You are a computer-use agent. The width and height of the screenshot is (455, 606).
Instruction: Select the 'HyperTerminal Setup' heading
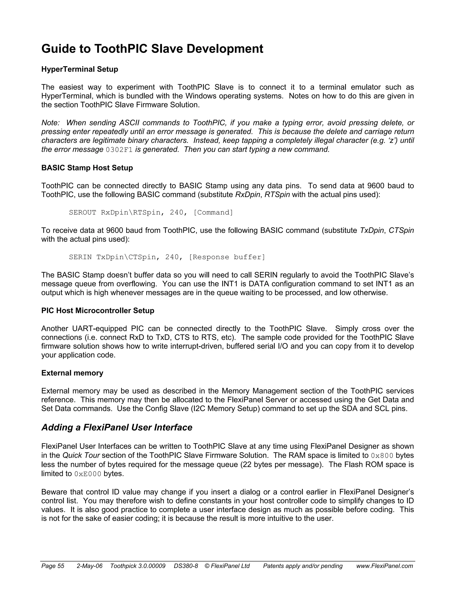pyautogui.click(x=80, y=69)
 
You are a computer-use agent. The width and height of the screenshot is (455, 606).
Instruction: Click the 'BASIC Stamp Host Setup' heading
pyautogui.click(x=87, y=168)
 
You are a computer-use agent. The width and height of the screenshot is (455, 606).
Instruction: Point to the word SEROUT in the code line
pyautogui.click(x=82, y=213)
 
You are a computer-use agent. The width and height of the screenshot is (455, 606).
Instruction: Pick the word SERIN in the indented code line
pyautogui.click(x=80, y=257)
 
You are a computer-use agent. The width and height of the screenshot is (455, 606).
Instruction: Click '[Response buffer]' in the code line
pyautogui.click(x=227, y=257)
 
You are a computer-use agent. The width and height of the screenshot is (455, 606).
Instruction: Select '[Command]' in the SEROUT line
pyautogui.click(x=213, y=213)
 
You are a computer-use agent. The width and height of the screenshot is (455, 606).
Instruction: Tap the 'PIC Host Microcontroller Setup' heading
pyautogui.click(x=98, y=311)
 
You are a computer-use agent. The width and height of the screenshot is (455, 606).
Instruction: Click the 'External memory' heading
pyautogui.click(x=72, y=373)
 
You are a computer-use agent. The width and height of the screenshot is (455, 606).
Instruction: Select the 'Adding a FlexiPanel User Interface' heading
pyautogui.click(x=117, y=427)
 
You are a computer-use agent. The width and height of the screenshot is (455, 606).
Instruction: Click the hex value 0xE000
pyautogui.click(x=88, y=474)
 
